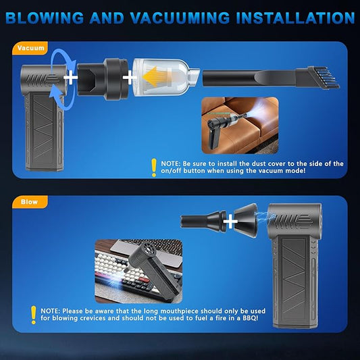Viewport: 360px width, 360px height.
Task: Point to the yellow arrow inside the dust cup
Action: click(156, 74)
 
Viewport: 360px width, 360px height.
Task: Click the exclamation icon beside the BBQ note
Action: click(32, 315)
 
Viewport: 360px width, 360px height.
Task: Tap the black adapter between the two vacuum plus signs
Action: click(102, 78)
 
